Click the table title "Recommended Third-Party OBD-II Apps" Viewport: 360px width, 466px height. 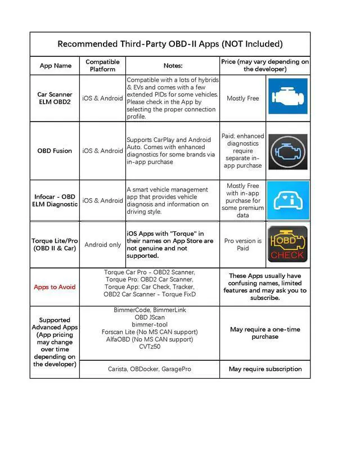coord(170,44)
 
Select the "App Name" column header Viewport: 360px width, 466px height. coord(55,65)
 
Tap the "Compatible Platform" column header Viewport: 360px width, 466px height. coord(102,65)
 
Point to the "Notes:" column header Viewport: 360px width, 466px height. coord(173,65)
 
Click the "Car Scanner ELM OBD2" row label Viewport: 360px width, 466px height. coord(55,98)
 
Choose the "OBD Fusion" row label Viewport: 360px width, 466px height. coord(55,151)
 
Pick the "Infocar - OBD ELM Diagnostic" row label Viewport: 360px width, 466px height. coord(55,200)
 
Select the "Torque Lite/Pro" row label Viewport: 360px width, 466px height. coord(55,245)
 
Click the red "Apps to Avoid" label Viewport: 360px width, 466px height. coord(55,287)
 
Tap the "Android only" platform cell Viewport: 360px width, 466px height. coord(102,245)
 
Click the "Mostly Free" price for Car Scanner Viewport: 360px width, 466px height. coord(242,98)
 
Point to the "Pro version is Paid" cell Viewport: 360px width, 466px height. coord(242,245)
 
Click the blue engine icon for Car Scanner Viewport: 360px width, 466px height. coord(287,96)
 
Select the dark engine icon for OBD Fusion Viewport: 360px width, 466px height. coord(287,151)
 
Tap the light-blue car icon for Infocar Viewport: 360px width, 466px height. coord(287,200)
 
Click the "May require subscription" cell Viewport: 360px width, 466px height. coord(265,369)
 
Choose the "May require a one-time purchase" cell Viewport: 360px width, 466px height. coord(265,333)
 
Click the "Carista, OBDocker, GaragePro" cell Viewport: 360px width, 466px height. coord(150,369)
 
